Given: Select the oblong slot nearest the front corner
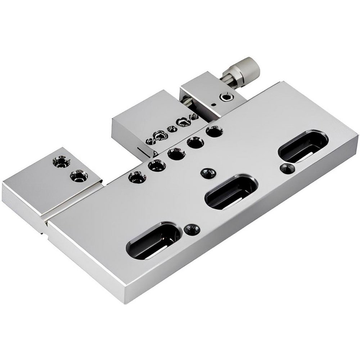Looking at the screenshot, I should (153, 240).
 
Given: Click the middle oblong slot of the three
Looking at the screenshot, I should (231, 192).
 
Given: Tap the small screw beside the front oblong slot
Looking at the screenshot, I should (191, 229).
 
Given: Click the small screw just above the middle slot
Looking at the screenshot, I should (208, 173).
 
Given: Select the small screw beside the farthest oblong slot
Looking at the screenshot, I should (287, 168).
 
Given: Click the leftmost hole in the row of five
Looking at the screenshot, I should (137, 177).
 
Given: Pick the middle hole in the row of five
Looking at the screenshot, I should (176, 154).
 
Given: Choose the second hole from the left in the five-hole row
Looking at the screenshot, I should (157, 166).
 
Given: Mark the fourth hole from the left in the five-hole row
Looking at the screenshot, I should (195, 143).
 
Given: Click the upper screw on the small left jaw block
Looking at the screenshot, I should (61, 161).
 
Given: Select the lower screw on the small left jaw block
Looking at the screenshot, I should (79, 176).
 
